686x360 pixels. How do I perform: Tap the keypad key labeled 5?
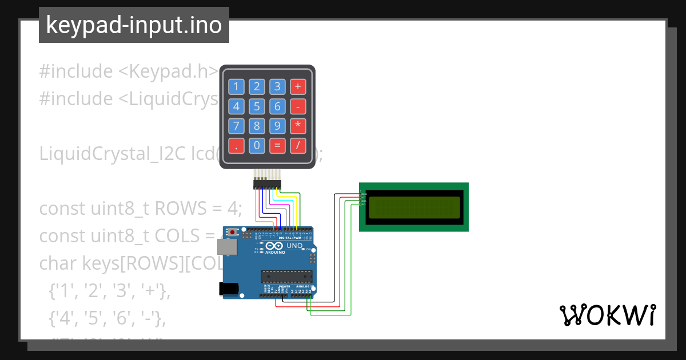coord(257,106)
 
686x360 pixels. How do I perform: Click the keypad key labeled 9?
coord(277,126)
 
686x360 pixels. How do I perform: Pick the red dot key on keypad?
coord(236,146)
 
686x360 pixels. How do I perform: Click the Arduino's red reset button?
coord(233,233)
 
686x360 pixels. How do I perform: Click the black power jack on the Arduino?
coord(230,289)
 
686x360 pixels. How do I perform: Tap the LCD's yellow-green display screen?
coord(414,207)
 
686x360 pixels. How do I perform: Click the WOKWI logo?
coord(607,315)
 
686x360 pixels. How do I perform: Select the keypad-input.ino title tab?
coord(134,25)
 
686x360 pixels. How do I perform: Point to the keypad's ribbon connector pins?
coord(267,183)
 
